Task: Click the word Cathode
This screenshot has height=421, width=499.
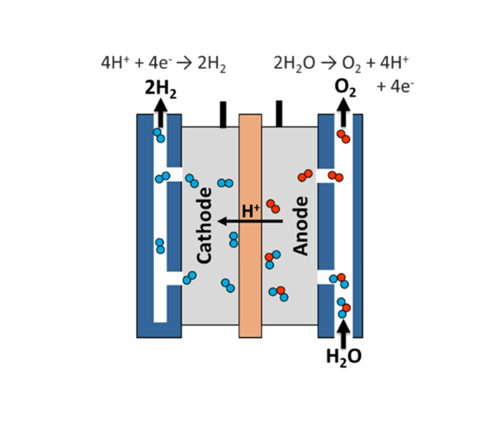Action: click(204, 225)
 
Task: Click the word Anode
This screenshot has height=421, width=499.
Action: click(301, 226)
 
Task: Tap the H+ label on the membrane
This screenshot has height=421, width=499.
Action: click(251, 211)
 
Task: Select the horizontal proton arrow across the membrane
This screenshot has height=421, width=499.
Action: click(250, 221)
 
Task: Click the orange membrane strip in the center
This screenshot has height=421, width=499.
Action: click(250, 226)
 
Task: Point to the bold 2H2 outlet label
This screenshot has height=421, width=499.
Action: click(161, 89)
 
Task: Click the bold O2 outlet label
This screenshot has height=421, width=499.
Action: click(345, 88)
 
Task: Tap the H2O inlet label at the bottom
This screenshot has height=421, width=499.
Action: click(344, 357)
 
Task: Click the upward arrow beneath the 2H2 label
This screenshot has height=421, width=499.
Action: click(161, 113)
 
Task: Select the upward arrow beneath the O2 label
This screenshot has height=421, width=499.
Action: click(343, 112)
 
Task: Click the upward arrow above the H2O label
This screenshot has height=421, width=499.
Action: click(343, 334)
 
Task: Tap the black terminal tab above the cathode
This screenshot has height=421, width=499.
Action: click(223, 115)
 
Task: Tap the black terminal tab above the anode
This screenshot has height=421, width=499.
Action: click(279, 114)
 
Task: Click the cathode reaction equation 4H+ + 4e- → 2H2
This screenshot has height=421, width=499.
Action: click(163, 64)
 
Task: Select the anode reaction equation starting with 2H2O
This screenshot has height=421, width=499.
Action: click(341, 64)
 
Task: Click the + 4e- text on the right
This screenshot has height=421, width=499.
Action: click(395, 86)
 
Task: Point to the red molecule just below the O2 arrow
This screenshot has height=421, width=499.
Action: click(344, 136)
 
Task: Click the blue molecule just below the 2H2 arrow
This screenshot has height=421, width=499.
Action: click(159, 136)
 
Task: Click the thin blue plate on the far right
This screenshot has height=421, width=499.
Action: click(358, 226)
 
